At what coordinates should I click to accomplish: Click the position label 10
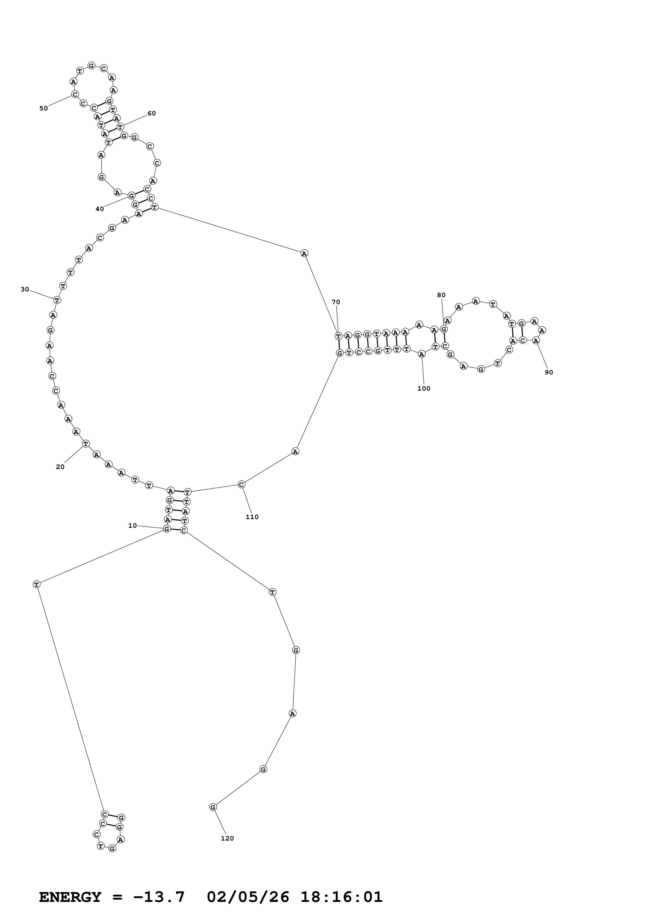coord(132,526)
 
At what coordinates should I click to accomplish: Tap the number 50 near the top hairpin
coord(43,108)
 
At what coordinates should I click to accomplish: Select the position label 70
coord(336,302)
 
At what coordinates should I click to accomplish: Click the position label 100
coord(424,388)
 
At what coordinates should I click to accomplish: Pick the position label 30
coord(25,289)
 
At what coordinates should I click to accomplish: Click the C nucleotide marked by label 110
coord(241,484)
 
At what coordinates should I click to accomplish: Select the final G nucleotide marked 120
coord(213,807)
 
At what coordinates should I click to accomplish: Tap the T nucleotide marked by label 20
coord(86,444)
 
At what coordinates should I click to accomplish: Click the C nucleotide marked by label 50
coord(75,95)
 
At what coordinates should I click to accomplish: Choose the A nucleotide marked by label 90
coord(536,340)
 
